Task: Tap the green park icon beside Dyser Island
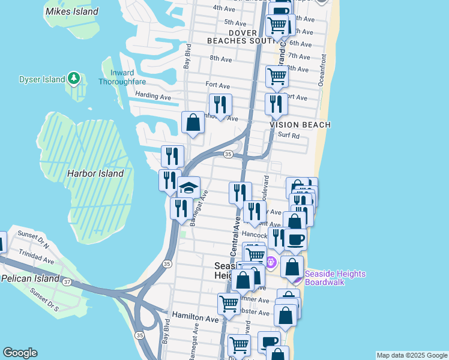click(73, 78)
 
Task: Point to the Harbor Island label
click(95, 173)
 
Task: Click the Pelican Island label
click(30, 278)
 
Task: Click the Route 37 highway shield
click(67, 282)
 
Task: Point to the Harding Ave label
click(153, 96)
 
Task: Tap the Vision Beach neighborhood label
click(300, 125)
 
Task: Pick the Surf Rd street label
click(289, 136)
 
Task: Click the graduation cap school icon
click(188, 188)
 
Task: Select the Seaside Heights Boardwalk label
click(334, 278)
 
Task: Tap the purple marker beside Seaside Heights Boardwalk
click(295, 278)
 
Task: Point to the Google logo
click(20, 353)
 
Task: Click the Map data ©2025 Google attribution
click(412, 355)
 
